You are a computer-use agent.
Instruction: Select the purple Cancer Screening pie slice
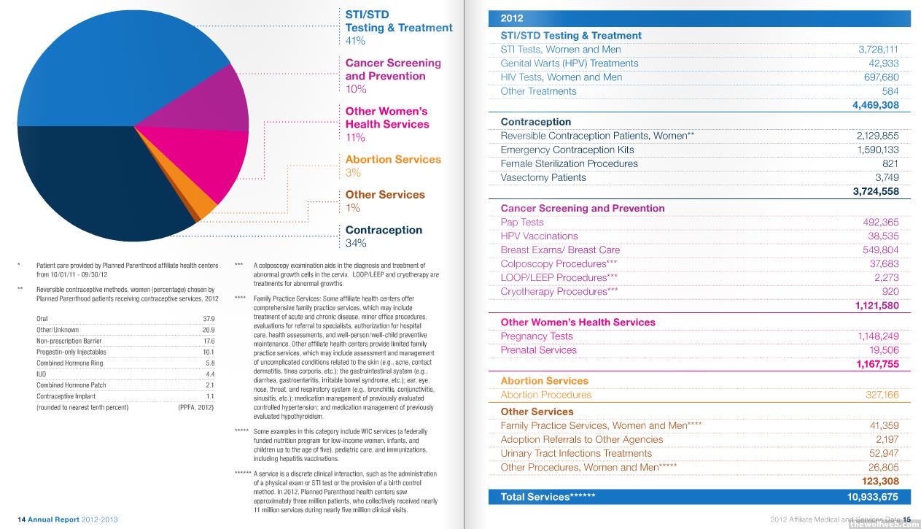(x=219, y=99)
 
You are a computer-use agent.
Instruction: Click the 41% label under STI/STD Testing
(x=356, y=42)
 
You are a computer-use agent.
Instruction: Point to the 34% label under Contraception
(x=356, y=243)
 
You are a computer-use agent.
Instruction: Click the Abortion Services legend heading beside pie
(x=393, y=160)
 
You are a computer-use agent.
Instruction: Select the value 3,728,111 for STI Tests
(x=878, y=50)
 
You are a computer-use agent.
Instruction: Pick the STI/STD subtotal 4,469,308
(x=875, y=105)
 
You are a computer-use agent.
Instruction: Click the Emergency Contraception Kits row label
(x=567, y=150)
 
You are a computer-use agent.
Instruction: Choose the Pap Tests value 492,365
(x=881, y=222)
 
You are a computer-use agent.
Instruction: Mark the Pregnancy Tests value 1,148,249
(x=878, y=336)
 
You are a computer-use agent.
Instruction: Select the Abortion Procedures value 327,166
(x=881, y=395)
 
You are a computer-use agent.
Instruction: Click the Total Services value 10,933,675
(x=873, y=497)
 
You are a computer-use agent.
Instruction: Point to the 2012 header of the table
(x=512, y=19)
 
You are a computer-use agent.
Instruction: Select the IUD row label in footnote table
(x=41, y=374)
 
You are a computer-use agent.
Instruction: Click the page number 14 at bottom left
(x=22, y=520)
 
